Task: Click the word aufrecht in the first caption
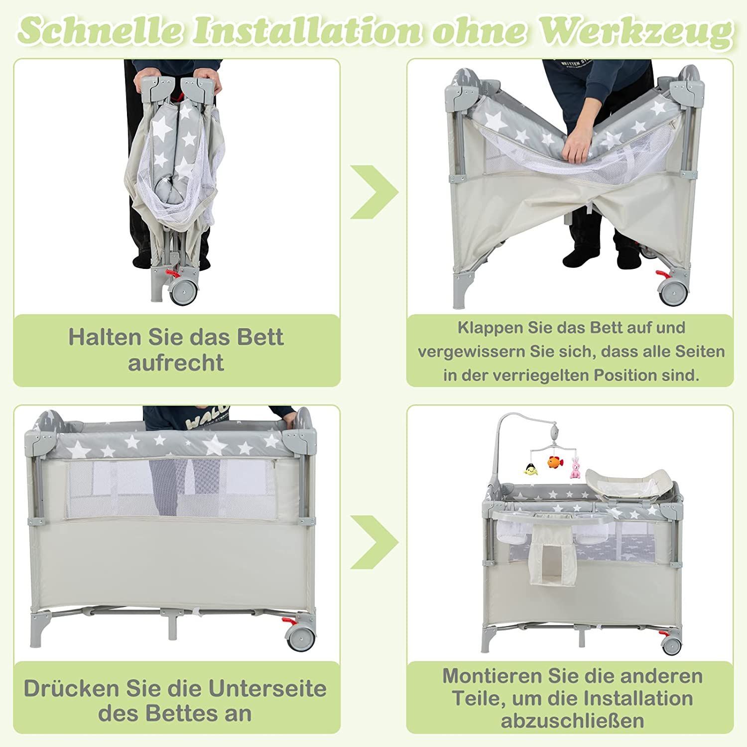click(176, 363)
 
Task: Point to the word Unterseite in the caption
click(267, 688)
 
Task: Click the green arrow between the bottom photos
click(374, 542)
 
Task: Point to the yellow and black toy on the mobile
click(530, 469)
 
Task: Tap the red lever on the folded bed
click(172, 273)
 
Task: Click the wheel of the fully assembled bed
click(671, 645)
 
